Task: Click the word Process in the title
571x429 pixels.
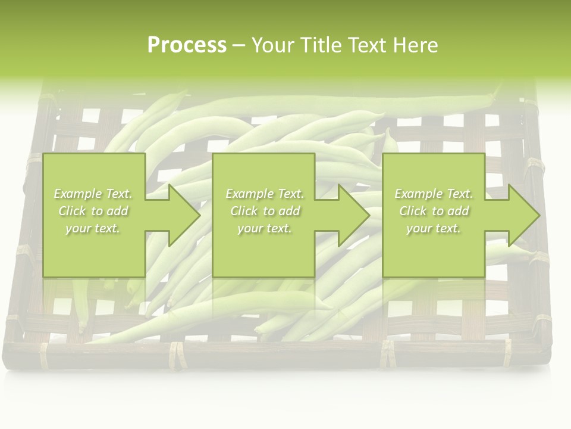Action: point(187,45)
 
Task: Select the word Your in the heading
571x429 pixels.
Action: point(274,45)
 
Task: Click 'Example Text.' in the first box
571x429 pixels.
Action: point(93,194)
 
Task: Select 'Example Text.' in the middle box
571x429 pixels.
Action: point(264,194)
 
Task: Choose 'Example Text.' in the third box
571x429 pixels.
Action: point(434,194)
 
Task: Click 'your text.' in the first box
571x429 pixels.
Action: point(93,228)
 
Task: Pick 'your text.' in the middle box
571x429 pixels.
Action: point(264,228)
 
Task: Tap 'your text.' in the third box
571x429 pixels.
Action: point(434,228)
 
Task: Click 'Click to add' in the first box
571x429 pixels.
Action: point(93,211)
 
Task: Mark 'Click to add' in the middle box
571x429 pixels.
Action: point(264,211)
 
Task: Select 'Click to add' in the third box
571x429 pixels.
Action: point(434,211)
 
